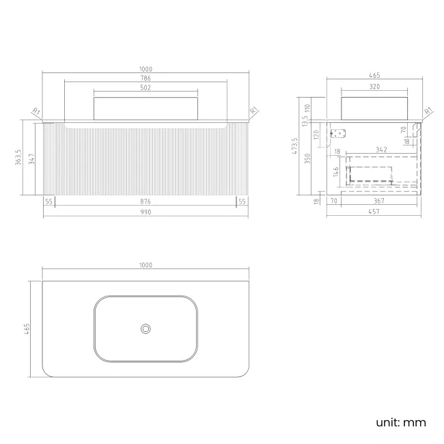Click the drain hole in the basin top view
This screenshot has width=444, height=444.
(x=145, y=329)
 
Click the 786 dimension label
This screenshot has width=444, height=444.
(x=145, y=78)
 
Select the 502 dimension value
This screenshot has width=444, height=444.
(x=145, y=88)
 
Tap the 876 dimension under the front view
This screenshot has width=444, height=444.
(x=145, y=202)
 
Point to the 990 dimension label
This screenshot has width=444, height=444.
(x=145, y=212)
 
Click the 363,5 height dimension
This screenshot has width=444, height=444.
(x=18, y=157)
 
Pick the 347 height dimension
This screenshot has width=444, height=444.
(x=31, y=159)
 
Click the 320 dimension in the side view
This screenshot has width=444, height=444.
(x=374, y=87)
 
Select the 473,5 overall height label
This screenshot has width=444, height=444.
(x=295, y=146)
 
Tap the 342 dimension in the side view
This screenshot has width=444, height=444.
(x=381, y=150)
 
